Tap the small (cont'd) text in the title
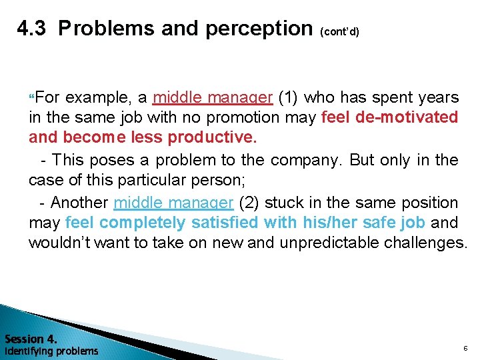(x=340, y=31)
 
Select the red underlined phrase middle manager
(x=213, y=98)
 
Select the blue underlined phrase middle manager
(x=174, y=203)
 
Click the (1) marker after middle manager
(x=288, y=98)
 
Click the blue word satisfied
(x=226, y=222)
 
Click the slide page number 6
(x=465, y=348)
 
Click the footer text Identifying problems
(x=51, y=351)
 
